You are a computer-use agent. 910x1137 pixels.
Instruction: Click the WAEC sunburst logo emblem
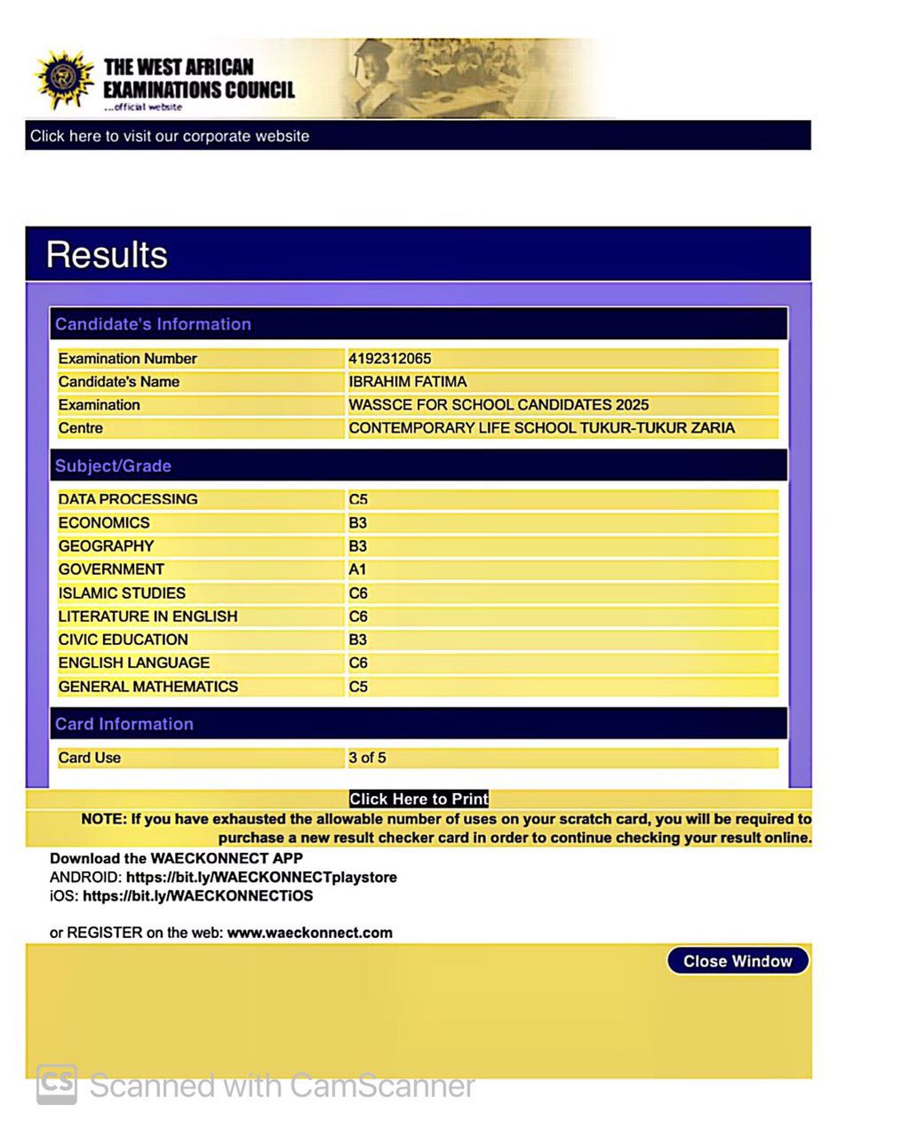pos(64,80)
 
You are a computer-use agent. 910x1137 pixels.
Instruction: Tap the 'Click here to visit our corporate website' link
pos(170,136)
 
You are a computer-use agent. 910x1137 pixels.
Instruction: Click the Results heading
pos(107,255)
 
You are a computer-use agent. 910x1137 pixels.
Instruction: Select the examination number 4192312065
pos(389,359)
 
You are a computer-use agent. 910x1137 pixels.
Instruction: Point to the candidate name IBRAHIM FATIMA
pos(407,382)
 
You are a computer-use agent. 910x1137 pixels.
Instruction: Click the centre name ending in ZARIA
pos(541,428)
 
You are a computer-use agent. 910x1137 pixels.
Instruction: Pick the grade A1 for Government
pos(357,569)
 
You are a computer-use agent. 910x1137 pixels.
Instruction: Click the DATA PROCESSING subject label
pos(128,499)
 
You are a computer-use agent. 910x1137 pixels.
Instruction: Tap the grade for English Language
pos(358,663)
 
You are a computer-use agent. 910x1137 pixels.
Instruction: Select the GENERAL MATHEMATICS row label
pos(148,687)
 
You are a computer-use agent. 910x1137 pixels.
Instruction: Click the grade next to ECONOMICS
pos(357,523)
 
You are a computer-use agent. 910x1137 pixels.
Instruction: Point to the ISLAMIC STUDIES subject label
pos(122,593)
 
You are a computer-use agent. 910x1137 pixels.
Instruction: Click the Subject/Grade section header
pos(113,466)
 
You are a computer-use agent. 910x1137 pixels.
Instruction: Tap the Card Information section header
pos(124,724)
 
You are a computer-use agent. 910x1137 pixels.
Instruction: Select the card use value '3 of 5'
pos(367,758)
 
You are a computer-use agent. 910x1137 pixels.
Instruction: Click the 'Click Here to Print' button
pos(419,799)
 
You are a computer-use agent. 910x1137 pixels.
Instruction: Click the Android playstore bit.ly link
pos(261,878)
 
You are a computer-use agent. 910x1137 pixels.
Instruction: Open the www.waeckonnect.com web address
pos(309,933)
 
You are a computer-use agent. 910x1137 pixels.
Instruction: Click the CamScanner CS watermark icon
pos(57,1085)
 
